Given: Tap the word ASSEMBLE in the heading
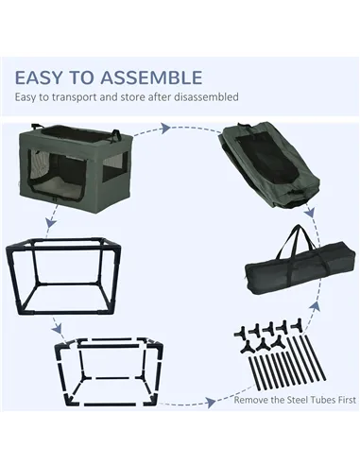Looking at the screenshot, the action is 151,77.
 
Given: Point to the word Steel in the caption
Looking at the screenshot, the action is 297,400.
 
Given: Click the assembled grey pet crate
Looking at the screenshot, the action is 77,164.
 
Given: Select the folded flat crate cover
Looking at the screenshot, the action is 269,164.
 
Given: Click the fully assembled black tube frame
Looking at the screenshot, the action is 63,277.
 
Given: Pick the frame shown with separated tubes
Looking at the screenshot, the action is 109,372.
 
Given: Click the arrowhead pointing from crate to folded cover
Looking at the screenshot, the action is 165,129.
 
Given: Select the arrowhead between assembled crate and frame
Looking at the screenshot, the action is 50,223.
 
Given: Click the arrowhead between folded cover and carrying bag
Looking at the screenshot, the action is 310,213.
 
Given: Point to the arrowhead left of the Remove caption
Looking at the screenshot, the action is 210,403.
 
